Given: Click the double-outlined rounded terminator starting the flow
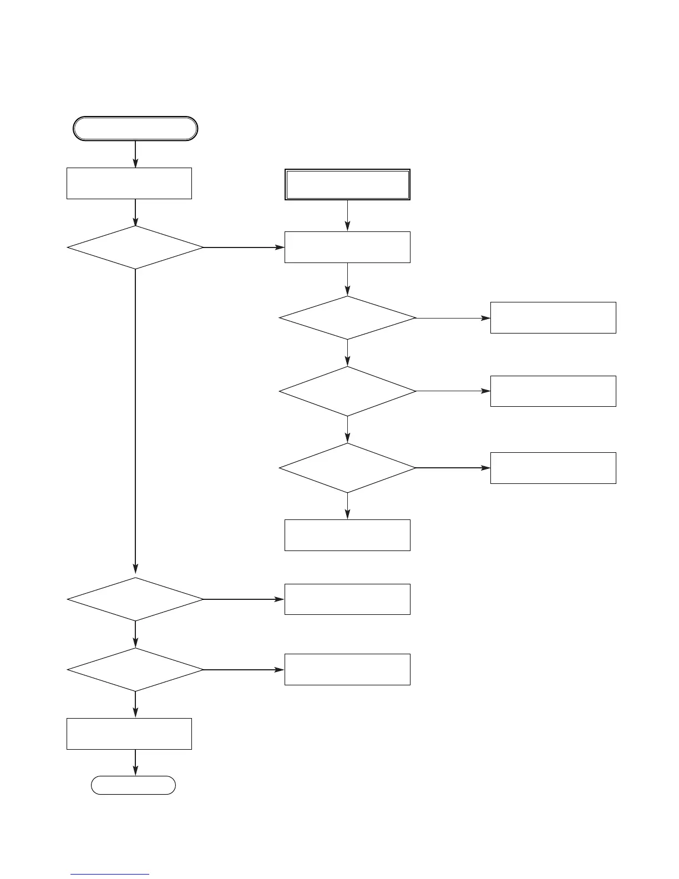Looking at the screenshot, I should click(x=135, y=129).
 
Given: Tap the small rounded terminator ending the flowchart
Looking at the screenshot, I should click(x=134, y=785).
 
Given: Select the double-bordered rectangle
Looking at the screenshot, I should click(x=347, y=184).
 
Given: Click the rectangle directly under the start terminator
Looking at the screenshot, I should click(x=129, y=183).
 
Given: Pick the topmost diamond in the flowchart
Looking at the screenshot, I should click(x=135, y=247).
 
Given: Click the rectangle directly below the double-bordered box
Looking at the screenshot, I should click(x=347, y=247).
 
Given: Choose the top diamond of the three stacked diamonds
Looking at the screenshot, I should click(x=347, y=318).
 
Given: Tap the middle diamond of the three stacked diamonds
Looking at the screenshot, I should click(x=347, y=391).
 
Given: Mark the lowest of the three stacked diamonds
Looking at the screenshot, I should click(x=347, y=468).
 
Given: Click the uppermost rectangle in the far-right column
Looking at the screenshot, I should click(x=553, y=317).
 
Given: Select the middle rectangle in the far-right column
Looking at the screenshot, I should click(x=553, y=391).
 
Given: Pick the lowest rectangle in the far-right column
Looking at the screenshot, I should click(x=553, y=468).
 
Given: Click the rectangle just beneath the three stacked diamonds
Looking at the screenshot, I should click(x=347, y=535).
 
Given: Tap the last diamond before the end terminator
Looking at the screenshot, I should click(x=135, y=670).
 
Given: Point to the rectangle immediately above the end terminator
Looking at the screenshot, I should click(x=129, y=734).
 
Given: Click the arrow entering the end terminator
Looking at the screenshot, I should click(x=135, y=763).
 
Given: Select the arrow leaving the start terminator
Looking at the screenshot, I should click(x=135, y=154).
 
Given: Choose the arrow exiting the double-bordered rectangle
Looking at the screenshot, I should click(x=348, y=215).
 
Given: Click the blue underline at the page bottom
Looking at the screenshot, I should click(x=110, y=875).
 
